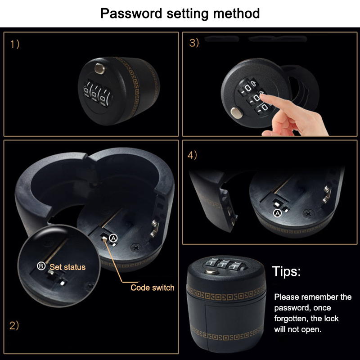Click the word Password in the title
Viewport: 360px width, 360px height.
(131, 14)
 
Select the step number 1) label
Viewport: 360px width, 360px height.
(15, 44)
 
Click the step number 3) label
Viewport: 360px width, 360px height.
(194, 43)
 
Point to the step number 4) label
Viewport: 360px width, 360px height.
(192, 155)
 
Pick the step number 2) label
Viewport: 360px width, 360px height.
(14, 325)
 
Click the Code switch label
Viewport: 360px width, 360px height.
(153, 288)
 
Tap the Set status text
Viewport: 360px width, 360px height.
(67, 267)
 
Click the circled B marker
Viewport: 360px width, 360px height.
(41, 266)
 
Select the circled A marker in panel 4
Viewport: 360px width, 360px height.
(278, 213)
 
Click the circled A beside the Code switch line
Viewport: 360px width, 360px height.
(113, 238)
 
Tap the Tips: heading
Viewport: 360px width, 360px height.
(286, 271)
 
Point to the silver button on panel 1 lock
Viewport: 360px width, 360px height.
(99, 69)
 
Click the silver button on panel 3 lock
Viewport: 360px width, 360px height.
(237, 113)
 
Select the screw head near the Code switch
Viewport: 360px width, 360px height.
(136, 248)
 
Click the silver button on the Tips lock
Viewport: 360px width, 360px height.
(211, 271)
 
